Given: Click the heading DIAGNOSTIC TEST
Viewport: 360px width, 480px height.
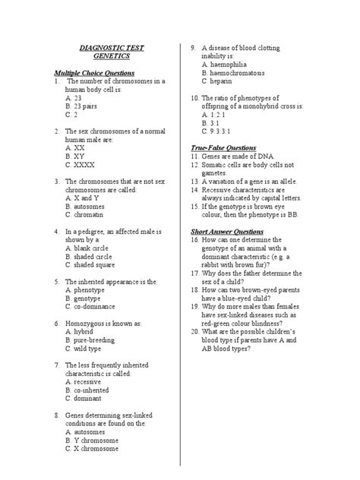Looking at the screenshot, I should (112, 48).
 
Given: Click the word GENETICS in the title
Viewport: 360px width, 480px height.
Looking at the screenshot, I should (112, 57).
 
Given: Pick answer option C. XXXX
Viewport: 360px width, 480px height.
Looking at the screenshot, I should (81, 164).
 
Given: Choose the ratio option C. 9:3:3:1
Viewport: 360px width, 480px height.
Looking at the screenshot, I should (221, 131).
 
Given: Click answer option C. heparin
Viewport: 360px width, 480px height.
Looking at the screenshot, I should (221, 81).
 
